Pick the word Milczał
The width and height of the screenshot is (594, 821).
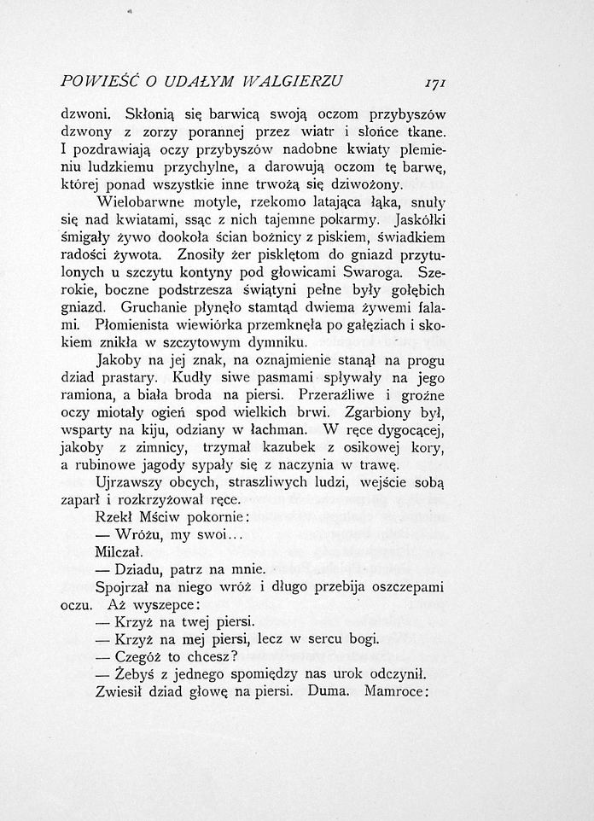coord(119,554)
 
